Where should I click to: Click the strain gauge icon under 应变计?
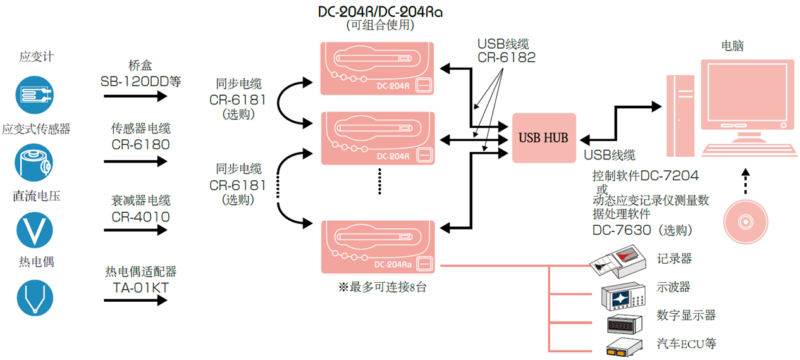34,94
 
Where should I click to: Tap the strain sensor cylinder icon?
34,163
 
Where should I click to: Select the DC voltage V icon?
34,229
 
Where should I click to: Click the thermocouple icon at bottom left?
34,297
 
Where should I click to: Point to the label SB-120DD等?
140,81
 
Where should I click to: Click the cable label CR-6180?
140,144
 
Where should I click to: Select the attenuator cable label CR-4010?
140,216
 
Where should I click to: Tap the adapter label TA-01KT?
140,287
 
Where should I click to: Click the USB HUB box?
543,137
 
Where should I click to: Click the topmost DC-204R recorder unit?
377,68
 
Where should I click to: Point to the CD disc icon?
746,222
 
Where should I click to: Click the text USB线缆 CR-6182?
506,51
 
